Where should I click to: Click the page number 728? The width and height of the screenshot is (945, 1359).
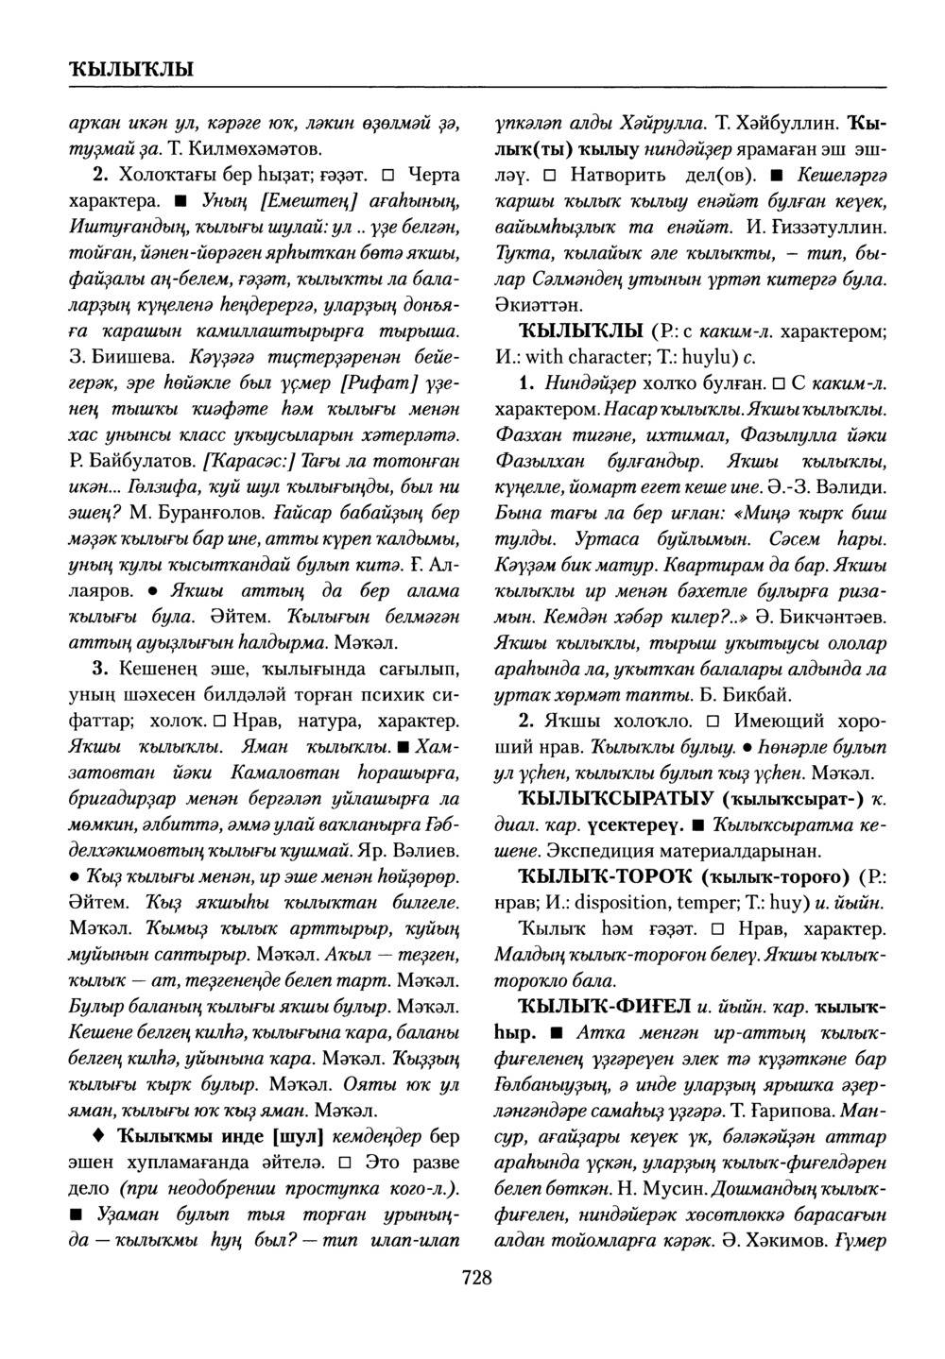tap(476, 1279)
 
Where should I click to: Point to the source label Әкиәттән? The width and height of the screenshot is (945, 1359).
tap(541, 305)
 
